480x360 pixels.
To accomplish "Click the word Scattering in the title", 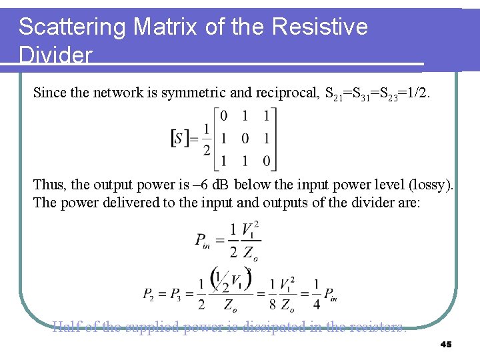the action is [73, 27].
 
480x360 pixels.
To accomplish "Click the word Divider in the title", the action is [55, 55].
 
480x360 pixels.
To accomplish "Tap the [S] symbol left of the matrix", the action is [180, 138].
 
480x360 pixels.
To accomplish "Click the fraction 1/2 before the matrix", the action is [207, 139].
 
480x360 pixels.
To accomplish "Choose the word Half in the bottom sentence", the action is [65, 326].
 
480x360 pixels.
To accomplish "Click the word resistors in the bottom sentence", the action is [377, 326].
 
